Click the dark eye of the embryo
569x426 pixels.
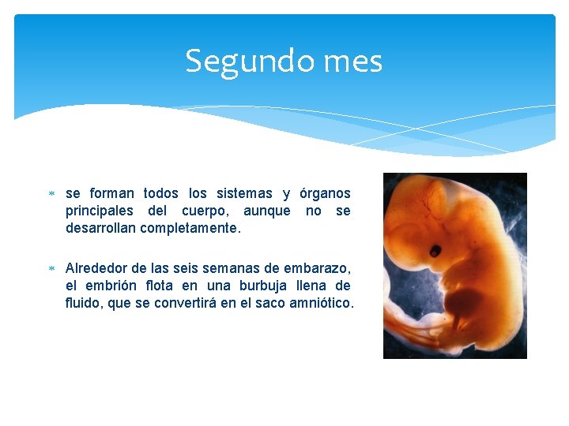(x=435, y=252)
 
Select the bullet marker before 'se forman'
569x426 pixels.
(x=51, y=194)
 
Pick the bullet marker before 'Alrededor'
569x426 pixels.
(x=51, y=268)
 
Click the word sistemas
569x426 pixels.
(x=243, y=193)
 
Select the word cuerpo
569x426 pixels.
(x=207, y=211)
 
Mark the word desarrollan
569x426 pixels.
(x=100, y=228)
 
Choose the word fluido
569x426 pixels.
(x=82, y=302)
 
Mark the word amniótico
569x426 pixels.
(x=323, y=302)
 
